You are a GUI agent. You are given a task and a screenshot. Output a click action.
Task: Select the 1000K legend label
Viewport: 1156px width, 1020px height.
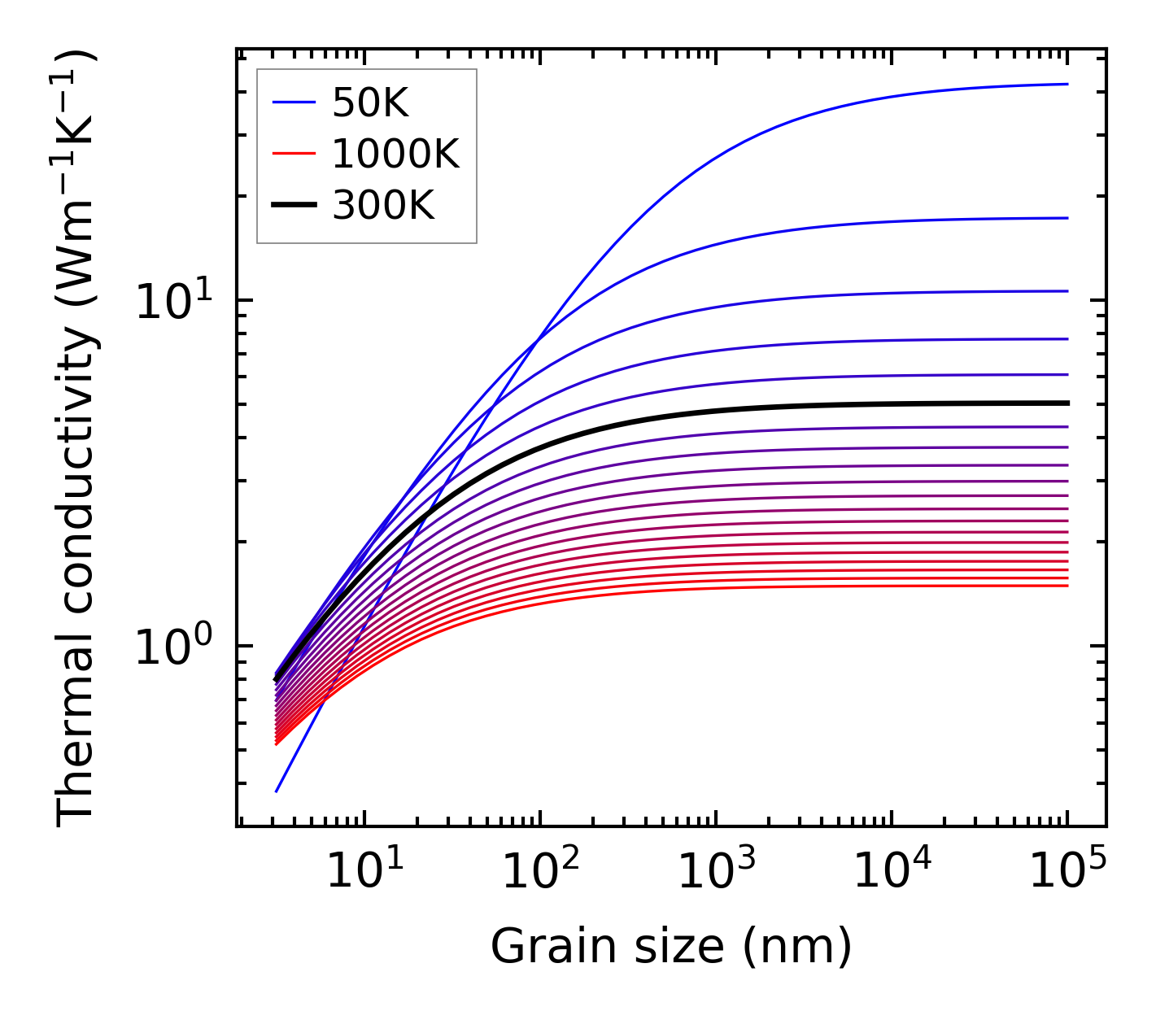click(395, 154)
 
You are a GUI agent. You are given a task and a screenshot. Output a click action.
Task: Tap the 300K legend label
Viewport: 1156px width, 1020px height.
click(383, 206)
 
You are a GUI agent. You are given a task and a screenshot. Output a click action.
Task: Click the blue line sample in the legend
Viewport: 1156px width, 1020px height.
click(293, 102)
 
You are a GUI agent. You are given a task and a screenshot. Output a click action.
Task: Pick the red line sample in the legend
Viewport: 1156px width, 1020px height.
click(293, 154)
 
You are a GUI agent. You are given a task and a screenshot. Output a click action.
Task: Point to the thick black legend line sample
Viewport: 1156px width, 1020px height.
click(293, 206)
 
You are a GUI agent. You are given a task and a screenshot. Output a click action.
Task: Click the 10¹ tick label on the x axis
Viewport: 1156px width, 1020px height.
click(364, 872)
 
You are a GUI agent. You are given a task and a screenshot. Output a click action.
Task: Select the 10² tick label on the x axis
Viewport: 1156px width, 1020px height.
click(540, 872)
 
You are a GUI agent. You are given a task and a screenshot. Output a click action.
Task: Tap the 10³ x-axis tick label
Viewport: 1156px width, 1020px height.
click(716, 872)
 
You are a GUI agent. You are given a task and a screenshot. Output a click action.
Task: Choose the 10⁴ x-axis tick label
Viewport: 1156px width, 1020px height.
click(892, 872)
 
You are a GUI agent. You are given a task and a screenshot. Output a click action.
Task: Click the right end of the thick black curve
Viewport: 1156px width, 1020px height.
click(1067, 403)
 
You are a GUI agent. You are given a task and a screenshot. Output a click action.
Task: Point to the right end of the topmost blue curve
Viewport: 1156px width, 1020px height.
click(1067, 84)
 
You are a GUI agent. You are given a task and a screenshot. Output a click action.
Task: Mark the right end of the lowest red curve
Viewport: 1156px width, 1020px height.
click(1067, 586)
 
